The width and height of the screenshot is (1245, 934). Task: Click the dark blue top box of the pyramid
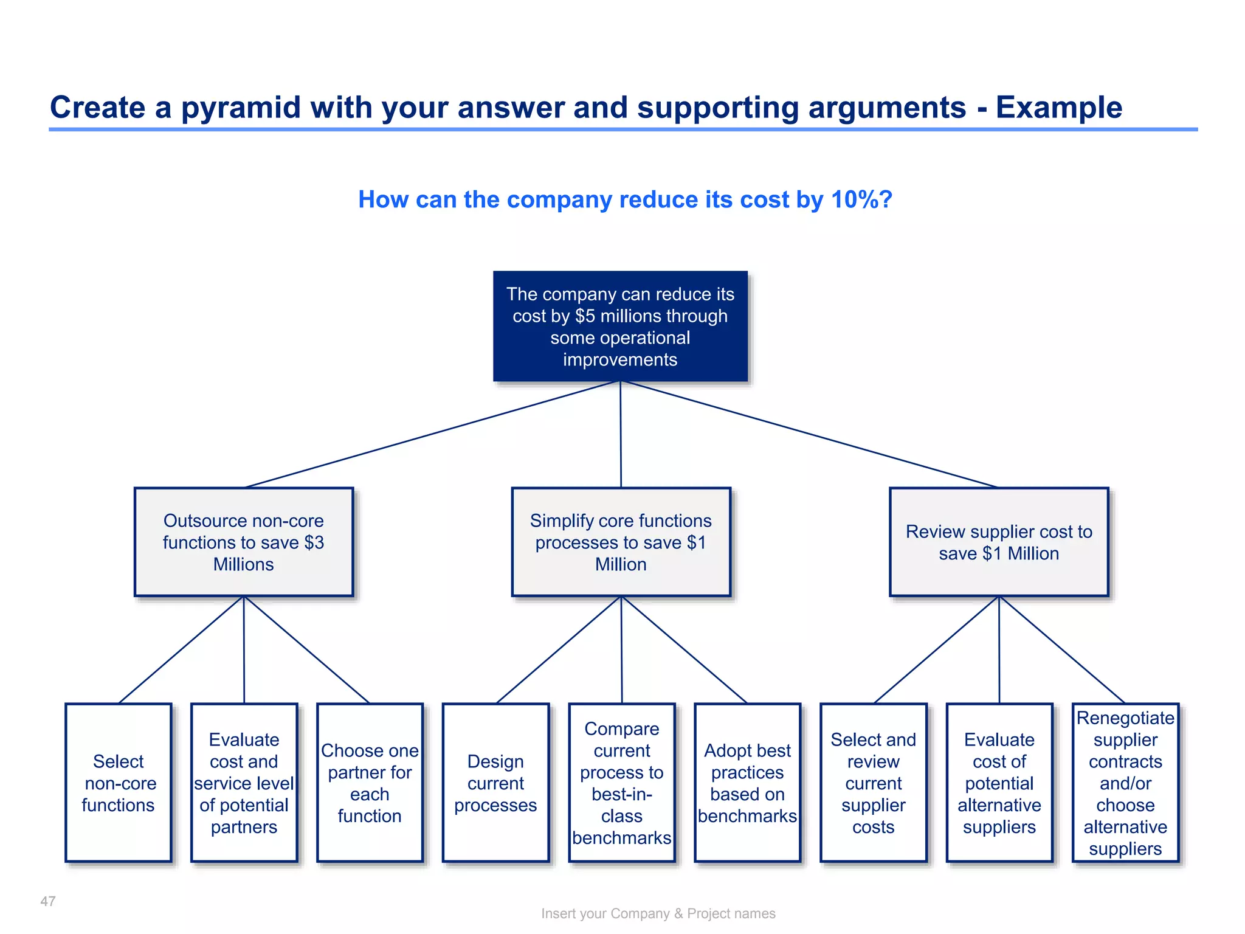[x=620, y=326]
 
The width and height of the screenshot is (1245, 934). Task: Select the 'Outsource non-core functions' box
[x=243, y=541]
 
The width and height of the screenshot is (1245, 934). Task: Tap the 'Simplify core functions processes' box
[x=621, y=541]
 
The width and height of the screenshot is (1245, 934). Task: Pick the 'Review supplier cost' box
[x=999, y=541]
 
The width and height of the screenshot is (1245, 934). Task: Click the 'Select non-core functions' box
[x=118, y=783]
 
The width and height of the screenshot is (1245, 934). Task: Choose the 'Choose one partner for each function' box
[x=370, y=783]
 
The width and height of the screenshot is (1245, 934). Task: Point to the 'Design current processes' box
[x=495, y=783]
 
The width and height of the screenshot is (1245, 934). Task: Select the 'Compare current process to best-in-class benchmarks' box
[x=621, y=783]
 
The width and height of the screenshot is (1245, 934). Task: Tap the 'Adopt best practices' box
[x=747, y=783]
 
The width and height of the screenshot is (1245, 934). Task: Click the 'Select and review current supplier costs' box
[x=873, y=783]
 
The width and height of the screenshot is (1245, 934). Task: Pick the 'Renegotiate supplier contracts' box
[x=1125, y=783]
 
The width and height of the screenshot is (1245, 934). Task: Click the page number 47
[x=48, y=901]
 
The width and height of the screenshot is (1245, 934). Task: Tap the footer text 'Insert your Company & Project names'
[x=658, y=913]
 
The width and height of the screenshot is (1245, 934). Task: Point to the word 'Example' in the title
[x=1058, y=108]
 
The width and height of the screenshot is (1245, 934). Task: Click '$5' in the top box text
[x=584, y=316]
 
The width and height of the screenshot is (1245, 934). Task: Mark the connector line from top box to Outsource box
[x=432, y=435]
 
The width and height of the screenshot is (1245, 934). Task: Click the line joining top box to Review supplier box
[x=809, y=435]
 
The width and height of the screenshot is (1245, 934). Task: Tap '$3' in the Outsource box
[x=314, y=542]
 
